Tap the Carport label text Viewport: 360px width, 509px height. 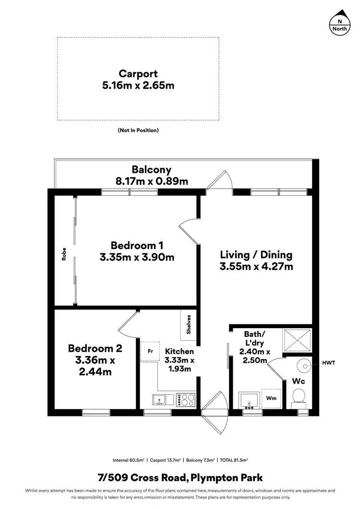[138, 74]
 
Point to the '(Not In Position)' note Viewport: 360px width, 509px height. [138, 130]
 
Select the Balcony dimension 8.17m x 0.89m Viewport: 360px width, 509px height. [152, 181]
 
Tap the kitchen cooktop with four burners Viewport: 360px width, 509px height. [185, 399]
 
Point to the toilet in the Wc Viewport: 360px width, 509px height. [298, 396]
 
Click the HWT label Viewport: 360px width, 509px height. [329, 363]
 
